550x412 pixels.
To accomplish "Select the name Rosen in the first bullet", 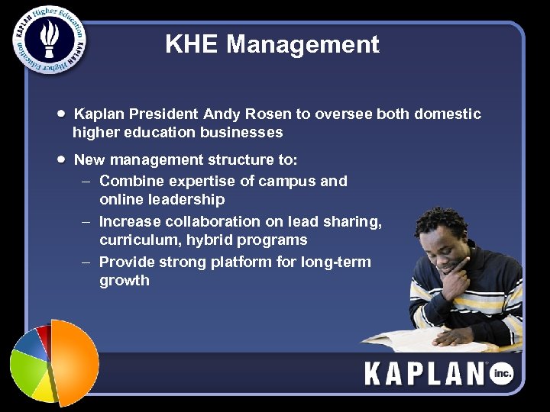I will [x=270, y=114].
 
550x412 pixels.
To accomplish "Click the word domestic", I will [x=448, y=114].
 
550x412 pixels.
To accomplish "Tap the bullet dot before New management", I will [x=60, y=159].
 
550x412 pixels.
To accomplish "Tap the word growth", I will [x=125, y=281].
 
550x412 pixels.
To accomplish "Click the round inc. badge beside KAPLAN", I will [x=502, y=374].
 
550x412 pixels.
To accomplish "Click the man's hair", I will [x=441, y=222].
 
